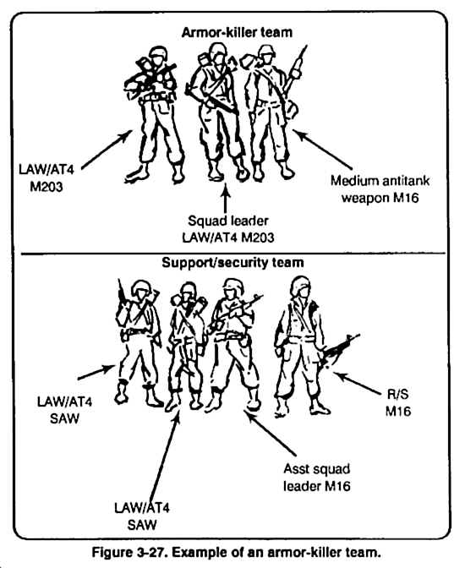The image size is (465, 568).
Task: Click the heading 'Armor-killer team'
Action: click(237, 33)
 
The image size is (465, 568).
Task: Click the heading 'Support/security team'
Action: click(232, 262)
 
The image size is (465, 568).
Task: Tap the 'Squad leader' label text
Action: click(228, 221)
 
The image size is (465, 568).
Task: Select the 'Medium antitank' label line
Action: click(380, 180)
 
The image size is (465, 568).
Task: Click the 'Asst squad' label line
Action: click(317, 469)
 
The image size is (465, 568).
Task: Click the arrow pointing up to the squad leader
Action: click(226, 198)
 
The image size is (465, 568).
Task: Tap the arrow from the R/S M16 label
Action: click(356, 383)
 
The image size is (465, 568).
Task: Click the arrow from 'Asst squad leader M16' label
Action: click(272, 434)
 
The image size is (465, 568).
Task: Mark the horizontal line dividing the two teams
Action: click(233, 254)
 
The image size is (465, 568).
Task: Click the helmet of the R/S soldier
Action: click(301, 284)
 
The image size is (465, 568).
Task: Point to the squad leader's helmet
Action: click(218, 50)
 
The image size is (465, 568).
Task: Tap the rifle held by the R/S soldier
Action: click(339, 349)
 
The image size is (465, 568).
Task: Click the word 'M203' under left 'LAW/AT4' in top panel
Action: click(46, 187)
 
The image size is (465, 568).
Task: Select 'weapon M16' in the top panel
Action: click(380, 198)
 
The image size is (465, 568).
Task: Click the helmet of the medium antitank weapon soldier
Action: click(266, 52)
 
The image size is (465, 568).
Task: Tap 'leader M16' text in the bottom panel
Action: click(317, 486)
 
